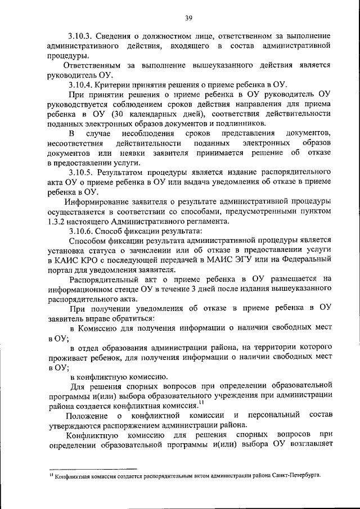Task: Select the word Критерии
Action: [120, 84]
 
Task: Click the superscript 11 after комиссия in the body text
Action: [201, 402]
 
